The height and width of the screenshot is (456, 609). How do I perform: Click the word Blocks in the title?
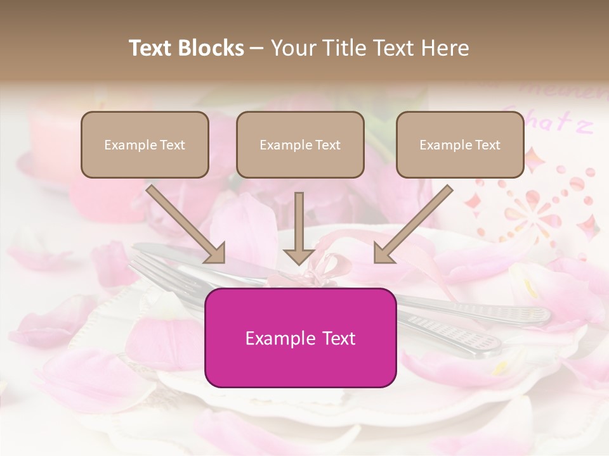(211, 48)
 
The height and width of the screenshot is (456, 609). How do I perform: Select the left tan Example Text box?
(145, 144)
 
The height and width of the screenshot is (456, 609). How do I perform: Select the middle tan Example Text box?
(300, 144)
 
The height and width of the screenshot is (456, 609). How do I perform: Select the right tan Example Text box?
(460, 144)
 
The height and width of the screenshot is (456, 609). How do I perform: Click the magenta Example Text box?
(300, 338)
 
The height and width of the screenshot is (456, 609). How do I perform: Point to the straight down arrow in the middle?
(299, 228)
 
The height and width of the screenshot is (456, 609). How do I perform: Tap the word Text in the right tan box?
(487, 145)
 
